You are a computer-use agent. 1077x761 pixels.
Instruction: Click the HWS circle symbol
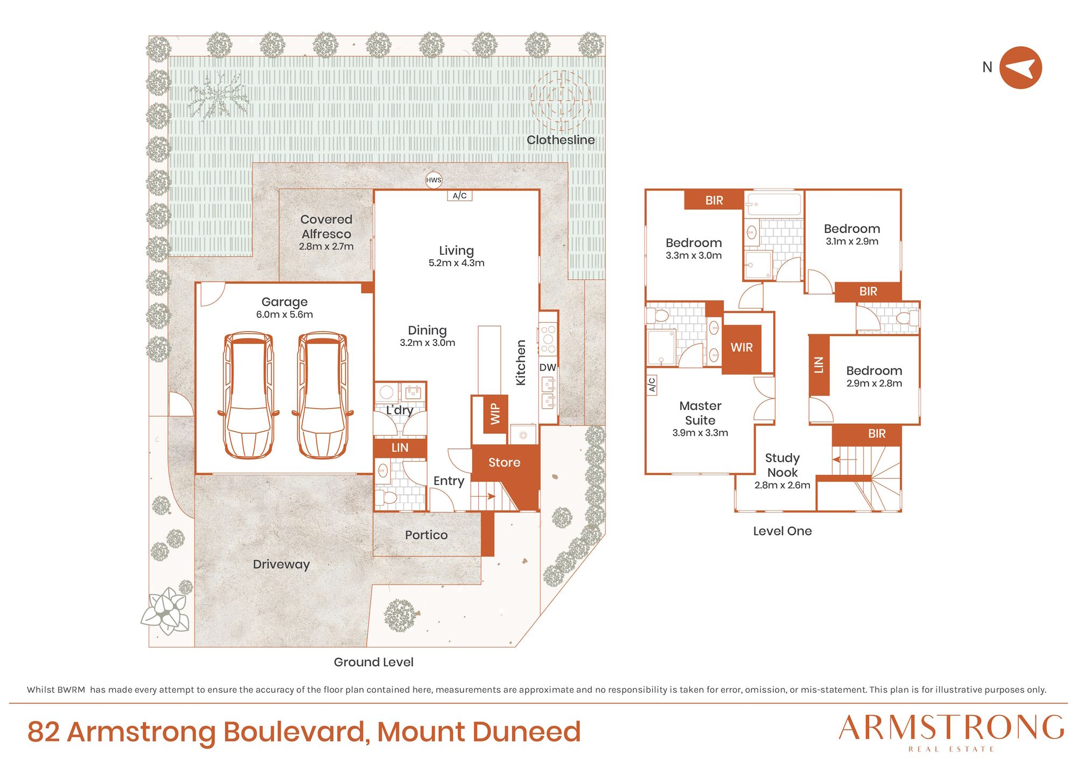(x=433, y=180)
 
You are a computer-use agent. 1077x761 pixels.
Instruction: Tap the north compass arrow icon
(x=1020, y=68)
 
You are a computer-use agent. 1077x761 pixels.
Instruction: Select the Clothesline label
(x=561, y=140)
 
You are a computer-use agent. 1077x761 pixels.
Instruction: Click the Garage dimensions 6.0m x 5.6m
(x=284, y=314)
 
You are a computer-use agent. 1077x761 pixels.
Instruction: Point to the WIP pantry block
(x=495, y=414)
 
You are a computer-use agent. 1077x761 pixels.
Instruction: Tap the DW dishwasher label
(x=548, y=368)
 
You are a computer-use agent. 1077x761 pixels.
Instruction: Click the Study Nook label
(x=782, y=465)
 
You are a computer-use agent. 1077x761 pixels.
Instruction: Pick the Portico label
(x=426, y=535)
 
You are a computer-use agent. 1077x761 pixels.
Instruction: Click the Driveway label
(x=281, y=565)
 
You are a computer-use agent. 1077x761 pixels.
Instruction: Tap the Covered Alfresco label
(x=326, y=227)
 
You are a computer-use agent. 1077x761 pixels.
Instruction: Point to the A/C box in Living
(x=460, y=196)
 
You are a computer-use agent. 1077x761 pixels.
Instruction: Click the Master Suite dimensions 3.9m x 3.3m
(x=700, y=433)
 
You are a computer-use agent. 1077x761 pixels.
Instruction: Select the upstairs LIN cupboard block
(x=819, y=365)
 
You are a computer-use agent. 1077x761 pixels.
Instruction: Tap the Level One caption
(x=782, y=531)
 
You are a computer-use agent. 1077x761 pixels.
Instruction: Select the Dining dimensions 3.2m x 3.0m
(x=428, y=343)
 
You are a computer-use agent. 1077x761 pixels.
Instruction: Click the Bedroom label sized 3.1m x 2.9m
(x=852, y=229)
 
